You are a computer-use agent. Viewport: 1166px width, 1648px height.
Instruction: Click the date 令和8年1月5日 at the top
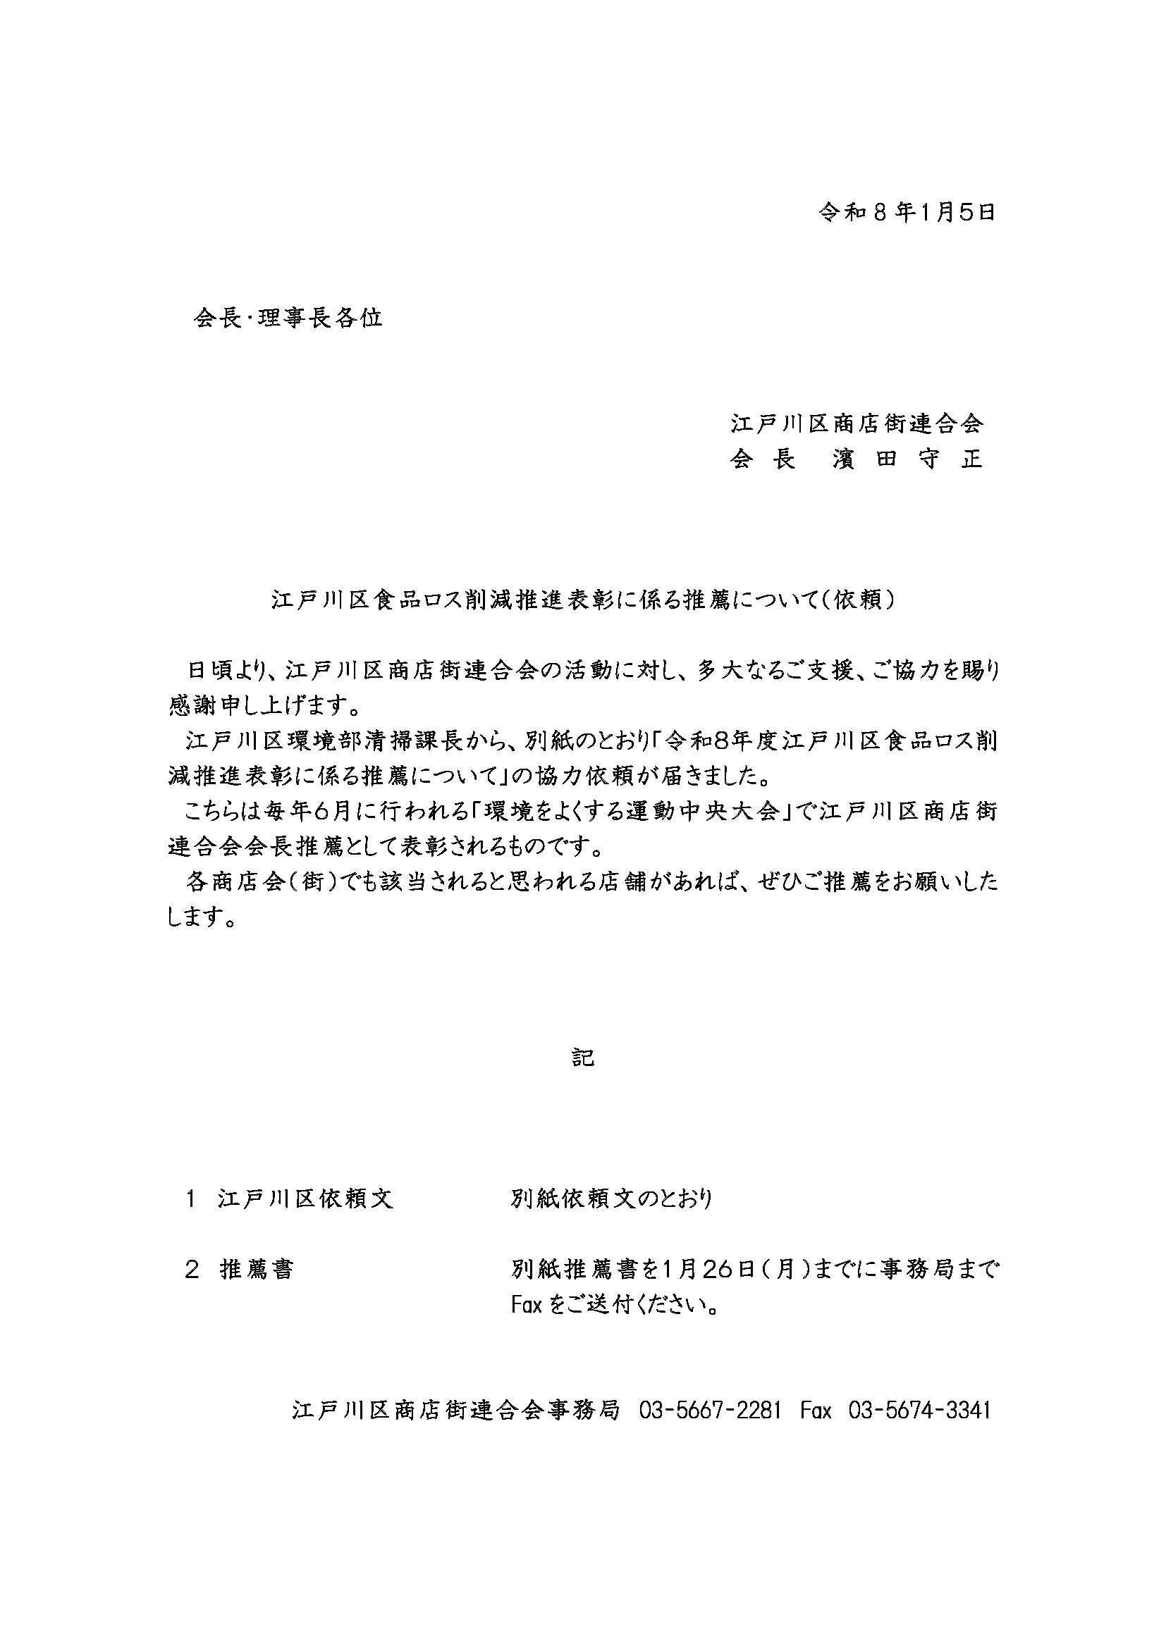coord(907,213)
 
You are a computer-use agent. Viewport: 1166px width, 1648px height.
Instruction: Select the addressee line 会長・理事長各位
coord(288,318)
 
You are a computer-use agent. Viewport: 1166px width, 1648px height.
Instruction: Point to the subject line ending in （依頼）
coord(583,600)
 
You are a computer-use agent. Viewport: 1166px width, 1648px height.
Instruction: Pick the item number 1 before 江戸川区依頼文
coord(191,1198)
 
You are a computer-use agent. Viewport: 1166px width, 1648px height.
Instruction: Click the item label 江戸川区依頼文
coord(306,1198)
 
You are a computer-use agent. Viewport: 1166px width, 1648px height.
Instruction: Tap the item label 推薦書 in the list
coord(257,1270)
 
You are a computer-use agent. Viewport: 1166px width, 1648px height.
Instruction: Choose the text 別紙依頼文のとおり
coord(612,1198)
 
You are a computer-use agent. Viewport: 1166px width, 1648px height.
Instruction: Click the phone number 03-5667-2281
coord(709,1411)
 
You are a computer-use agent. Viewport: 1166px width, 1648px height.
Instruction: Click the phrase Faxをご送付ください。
coord(615,1305)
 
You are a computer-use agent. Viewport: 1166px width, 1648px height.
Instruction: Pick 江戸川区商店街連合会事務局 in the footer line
coord(455,1411)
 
